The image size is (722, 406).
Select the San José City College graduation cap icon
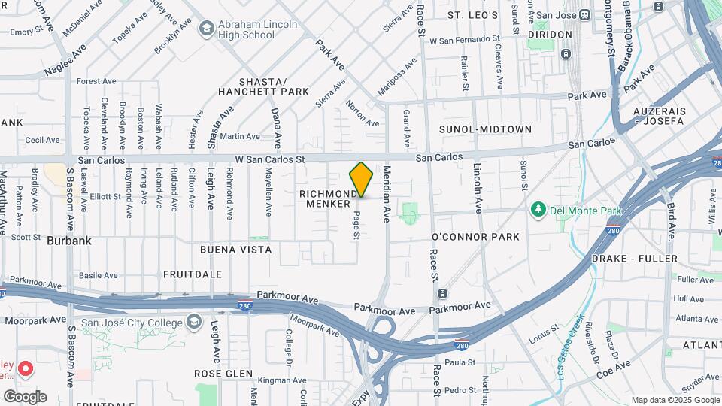tap(195, 323)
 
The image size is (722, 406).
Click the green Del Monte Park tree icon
tap(537, 208)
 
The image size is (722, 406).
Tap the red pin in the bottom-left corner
tap(26, 369)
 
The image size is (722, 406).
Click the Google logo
tap(25, 397)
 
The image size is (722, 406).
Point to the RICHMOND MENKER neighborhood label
tap(329, 198)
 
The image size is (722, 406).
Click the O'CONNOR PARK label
tap(475, 237)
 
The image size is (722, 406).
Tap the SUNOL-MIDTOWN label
tap(485, 129)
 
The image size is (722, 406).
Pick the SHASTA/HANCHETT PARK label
tap(263, 86)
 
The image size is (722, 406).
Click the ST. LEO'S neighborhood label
tap(472, 15)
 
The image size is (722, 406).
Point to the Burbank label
tap(68, 241)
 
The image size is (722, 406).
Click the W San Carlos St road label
tap(269, 159)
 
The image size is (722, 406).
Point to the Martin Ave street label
tap(241, 136)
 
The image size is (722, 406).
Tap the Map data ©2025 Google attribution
tap(675, 400)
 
